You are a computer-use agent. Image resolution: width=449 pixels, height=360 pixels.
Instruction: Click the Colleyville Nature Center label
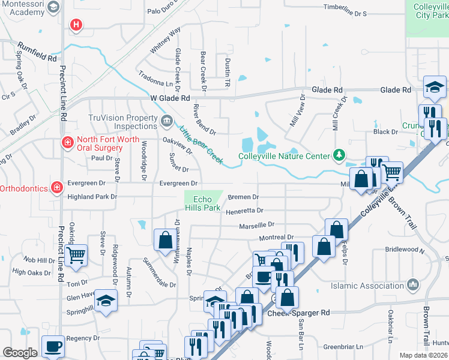pos(284,156)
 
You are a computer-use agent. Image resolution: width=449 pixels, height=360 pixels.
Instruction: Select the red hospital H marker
pos(76,25)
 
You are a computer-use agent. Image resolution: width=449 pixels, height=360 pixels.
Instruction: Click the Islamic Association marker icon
pos(412,284)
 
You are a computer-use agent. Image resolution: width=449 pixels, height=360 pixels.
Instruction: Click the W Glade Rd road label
pos(170,98)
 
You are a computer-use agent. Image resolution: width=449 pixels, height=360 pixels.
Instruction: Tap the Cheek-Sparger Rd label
pos(299,313)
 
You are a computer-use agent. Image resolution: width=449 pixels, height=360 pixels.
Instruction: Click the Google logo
pos(20,353)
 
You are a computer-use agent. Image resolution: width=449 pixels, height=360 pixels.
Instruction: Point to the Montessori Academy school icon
pos(53,7)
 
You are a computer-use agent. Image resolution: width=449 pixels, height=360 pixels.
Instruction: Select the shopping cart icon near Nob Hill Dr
pos(76,254)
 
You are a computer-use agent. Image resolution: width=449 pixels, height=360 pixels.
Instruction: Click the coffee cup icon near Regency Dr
pos(53,345)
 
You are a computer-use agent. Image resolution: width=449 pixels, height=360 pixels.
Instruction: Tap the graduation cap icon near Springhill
pos(106,299)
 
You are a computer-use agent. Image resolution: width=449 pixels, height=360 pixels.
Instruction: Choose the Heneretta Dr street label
pos(244,211)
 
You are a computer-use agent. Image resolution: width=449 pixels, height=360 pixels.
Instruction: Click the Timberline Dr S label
pos(345,13)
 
